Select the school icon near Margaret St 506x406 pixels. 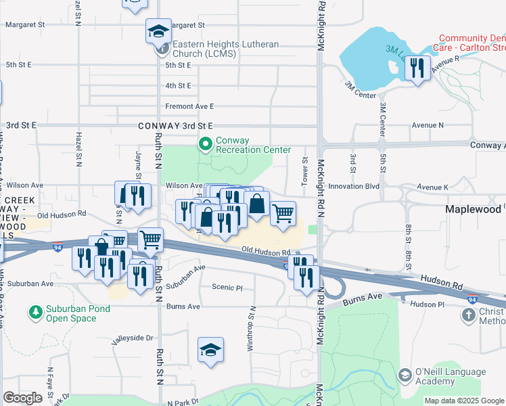pos(158,31)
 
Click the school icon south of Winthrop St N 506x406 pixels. pos(210,350)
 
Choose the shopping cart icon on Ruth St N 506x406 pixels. pos(150,239)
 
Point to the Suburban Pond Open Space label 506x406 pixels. pos(77,313)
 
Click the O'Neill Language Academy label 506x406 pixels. pos(451,377)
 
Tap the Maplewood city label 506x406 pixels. pos(473,210)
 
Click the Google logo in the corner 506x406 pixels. pos(22,398)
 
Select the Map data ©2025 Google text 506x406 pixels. pos(464,401)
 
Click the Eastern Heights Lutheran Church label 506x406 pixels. pos(225,49)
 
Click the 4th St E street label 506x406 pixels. pos(179,86)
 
